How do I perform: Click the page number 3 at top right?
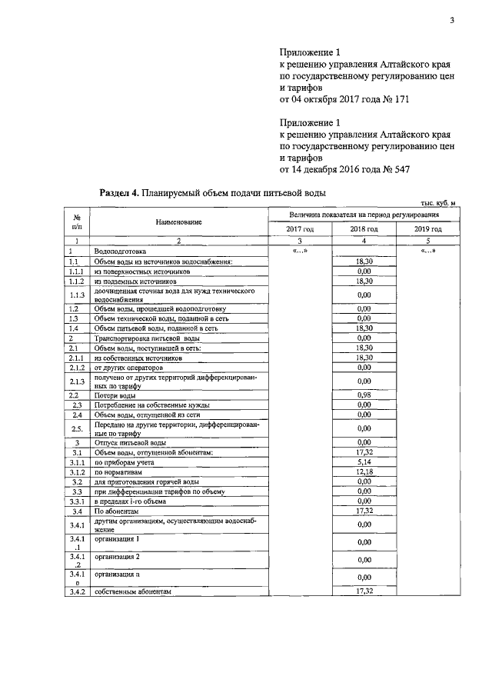point(453,21)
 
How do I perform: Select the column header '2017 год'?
point(300,229)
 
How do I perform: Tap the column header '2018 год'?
point(364,229)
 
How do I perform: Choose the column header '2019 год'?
point(428,229)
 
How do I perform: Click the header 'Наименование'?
point(178,222)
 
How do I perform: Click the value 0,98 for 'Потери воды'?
point(364,395)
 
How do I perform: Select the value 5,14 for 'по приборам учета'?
point(364,462)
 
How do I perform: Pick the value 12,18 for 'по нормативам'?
point(364,471)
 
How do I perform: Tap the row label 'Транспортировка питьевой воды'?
point(147,338)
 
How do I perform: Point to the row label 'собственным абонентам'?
point(131,591)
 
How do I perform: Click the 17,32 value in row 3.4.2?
point(364,591)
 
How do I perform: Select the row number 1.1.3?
point(75,295)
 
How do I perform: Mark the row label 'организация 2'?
point(117,555)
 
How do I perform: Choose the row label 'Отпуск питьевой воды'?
point(130,443)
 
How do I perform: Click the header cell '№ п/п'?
point(75,222)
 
